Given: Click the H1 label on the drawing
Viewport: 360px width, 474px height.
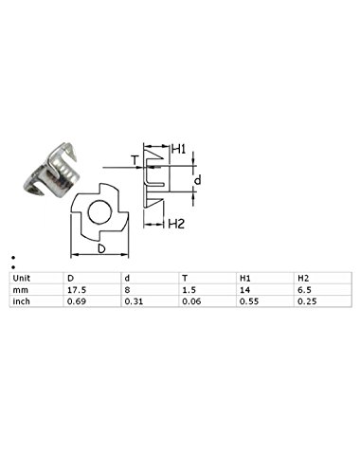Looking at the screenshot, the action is tap(179, 149).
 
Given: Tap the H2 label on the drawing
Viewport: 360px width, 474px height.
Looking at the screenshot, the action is tap(176, 224).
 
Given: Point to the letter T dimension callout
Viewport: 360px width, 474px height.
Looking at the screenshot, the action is tap(135, 160).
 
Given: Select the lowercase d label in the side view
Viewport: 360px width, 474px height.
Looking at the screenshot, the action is tap(197, 180).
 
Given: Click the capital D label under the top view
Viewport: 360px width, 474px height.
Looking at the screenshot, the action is tap(101, 248).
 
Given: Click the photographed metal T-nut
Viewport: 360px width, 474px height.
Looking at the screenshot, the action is tap(50, 171).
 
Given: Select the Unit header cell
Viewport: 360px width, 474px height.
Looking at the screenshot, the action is tap(22, 279).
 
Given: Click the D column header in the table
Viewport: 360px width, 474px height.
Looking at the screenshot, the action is tap(70, 279).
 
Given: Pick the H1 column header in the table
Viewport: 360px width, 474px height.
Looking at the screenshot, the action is tap(244, 279).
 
